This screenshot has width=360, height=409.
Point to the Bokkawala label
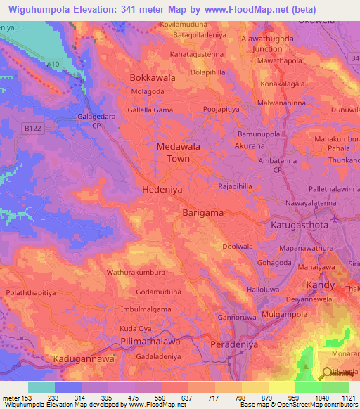point(153,78)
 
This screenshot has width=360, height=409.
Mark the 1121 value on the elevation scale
point(347,397)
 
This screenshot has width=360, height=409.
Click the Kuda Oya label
point(136,329)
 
